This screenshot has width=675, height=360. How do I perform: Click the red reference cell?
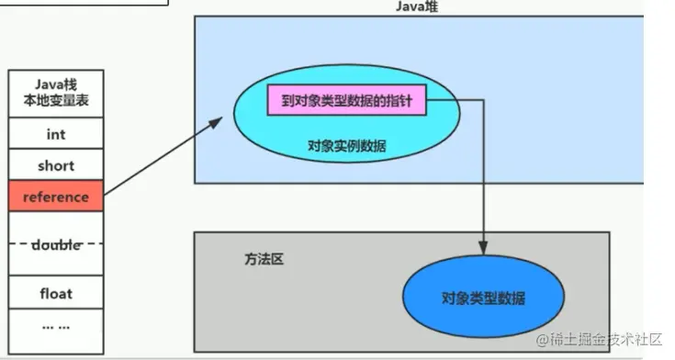pyautogui.click(x=56, y=197)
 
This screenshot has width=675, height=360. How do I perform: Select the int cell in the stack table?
pyautogui.click(x=56, y=134)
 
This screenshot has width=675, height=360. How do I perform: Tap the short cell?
pyautogui.click(x=56, y=166)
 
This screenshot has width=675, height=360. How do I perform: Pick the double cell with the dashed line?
pyautogui.click(x=56, y=244)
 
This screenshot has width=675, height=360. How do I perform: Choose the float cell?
pyautogui.click(x=56, y=294)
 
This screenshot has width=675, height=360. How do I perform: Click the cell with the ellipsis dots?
pyautogui.click(x=56, y=326)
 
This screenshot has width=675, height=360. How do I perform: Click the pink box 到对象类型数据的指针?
pyautogui.click(x=347, y=100)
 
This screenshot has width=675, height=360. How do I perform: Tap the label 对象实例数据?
pyautogui.click(x=347, y=145)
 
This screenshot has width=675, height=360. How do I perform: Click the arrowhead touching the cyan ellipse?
pyautogui.click(x=224, y=118)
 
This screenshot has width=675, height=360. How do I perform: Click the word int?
pyautogui.click(x=56, y=134)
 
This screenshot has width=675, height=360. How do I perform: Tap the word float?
pyautogui.click(x=56, y=294)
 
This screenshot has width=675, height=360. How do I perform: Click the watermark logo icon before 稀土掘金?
pyautogui.click(x=542, y=341)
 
